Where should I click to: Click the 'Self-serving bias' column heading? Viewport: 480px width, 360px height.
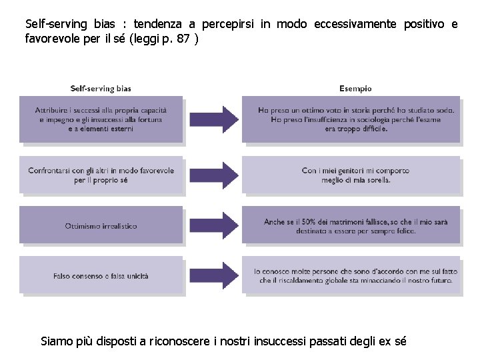[x=101, y=88]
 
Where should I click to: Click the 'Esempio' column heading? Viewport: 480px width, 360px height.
[x=355, y=88]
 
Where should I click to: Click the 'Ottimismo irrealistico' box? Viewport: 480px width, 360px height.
[x=101, y=225]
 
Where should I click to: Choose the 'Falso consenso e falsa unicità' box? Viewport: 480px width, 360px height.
[x=101, y=275]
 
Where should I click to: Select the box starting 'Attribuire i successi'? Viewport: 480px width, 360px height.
[x=101, y=119]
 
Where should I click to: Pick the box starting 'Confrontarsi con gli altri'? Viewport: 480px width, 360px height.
[x=101, y=175]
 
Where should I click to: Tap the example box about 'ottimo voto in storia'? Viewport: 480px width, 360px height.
[x=351, y=119]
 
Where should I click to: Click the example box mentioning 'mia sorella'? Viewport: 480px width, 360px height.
[x=351, y=175]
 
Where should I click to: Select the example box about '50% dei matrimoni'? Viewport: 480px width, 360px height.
[x=351, y=225]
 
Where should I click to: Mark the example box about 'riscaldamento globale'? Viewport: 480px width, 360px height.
[x=351, y=275]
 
